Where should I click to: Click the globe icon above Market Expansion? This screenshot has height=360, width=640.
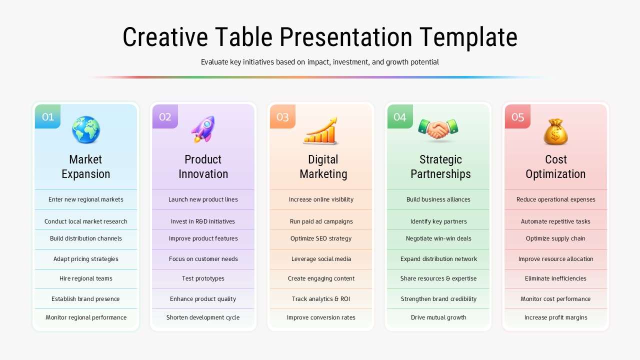coord(85,129)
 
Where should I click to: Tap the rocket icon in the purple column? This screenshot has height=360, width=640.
coord(203,129)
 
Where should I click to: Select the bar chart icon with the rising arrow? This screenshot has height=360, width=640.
coord(320,131)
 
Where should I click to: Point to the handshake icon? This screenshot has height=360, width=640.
coord(438,129)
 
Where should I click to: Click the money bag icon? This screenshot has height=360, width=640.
coord(555,131)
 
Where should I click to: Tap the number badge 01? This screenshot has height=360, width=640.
coord(48,117)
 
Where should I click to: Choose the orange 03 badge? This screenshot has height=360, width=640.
coord(282,117)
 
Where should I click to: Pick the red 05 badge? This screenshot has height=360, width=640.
coord(517,117)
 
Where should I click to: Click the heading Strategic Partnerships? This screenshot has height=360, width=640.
coord(440,166)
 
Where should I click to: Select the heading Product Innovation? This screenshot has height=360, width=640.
coord(203,166)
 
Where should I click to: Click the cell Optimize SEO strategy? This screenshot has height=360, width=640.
coord(321,238)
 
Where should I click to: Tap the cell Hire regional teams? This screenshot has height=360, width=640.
coord(86,278)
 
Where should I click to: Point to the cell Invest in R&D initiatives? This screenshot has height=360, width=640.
coord(203,221)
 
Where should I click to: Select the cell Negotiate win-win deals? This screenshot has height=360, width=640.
coord(438,238)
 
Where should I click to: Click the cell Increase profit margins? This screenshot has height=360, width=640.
coord(555,317)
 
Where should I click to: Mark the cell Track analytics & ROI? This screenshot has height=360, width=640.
coord(321,299)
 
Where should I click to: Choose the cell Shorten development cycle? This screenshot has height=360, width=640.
coord(203,317)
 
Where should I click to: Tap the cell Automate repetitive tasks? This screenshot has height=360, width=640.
coord(555,221)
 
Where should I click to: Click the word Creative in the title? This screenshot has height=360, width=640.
coord(164,37)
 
